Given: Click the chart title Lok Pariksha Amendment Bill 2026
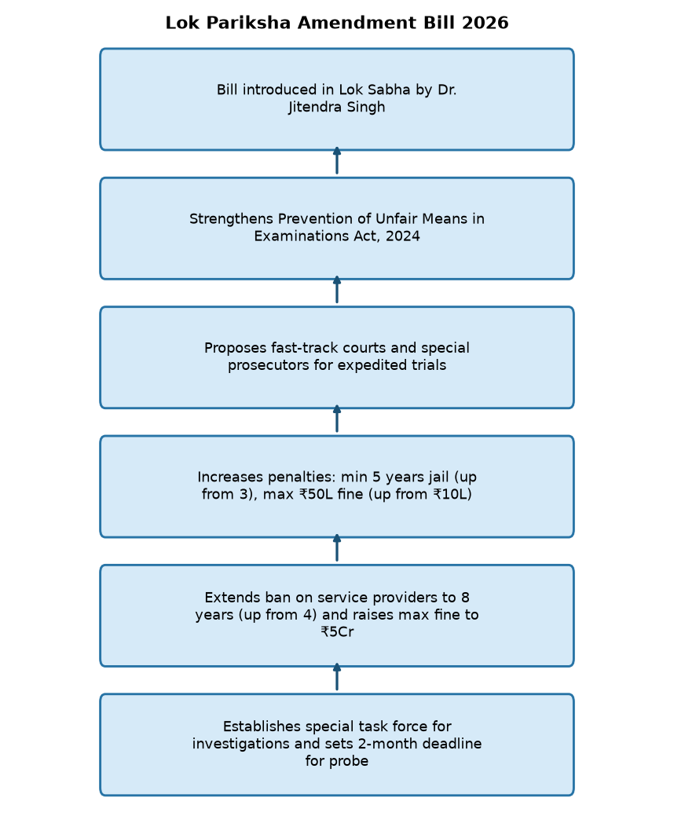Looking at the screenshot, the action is [x=337, y=23].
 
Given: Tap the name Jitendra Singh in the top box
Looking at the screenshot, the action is [x=336, y=107].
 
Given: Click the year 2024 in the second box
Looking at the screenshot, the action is [x=402, y=236].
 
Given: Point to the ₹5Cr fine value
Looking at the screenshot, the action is [x=337, y=632].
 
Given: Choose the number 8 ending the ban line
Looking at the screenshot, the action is [x=465, y=598].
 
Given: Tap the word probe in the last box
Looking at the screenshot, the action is [x=349, y=761].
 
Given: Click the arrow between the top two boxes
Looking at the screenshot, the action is [x=337, y=160].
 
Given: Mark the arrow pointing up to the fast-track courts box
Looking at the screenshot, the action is [x=337, y=419].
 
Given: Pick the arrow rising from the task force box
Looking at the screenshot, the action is [x=337, y=677].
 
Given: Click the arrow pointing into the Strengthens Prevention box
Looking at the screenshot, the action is [x=337, y=290].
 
